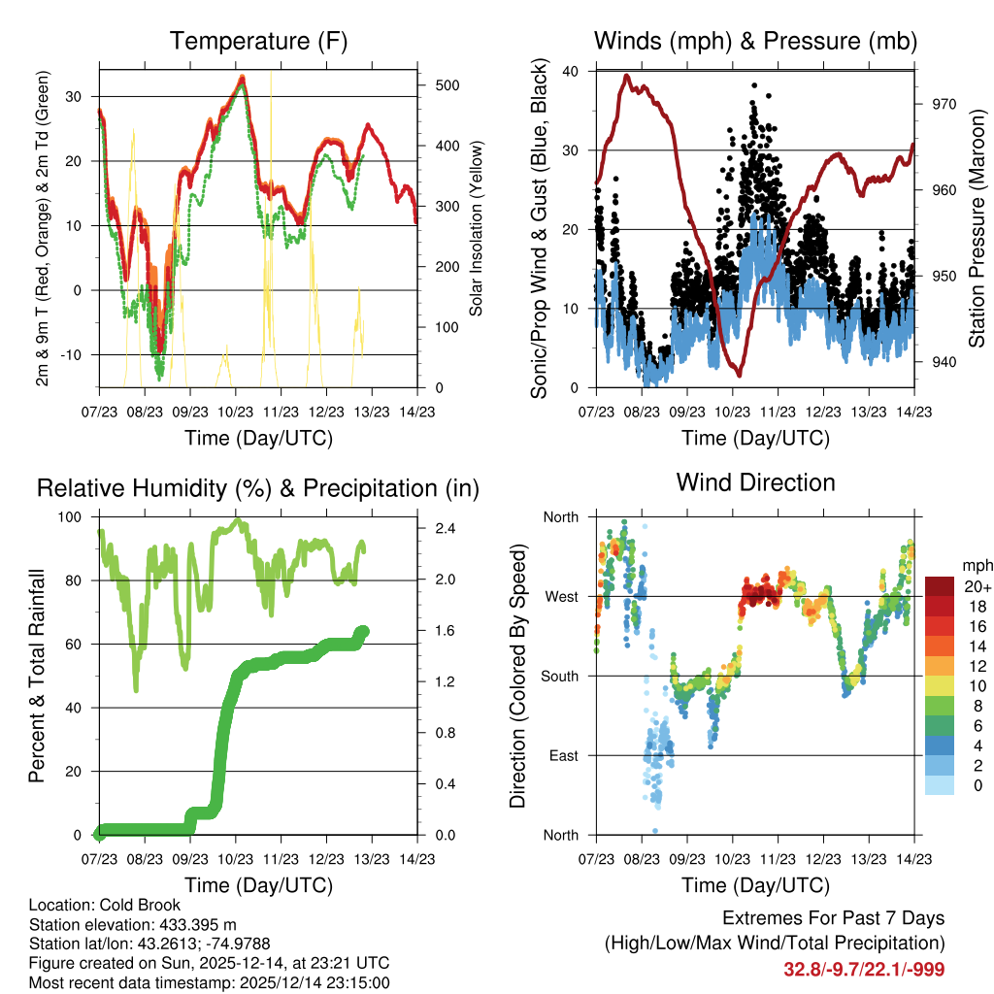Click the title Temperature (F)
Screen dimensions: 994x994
click(x=258, y=42)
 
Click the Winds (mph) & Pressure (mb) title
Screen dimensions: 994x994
click(x=755, y=42)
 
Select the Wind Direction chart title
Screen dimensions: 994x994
click(x=755, y=482)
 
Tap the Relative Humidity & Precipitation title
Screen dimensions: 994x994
click(x=258, y=488)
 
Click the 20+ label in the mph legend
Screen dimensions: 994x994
click(x=976, y=586)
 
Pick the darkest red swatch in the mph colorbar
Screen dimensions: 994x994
click(x=942, y=586)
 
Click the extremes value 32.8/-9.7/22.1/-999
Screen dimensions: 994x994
click(x=864, y=969)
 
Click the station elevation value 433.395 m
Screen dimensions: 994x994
click(x=192, y=924)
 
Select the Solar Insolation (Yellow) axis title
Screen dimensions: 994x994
click(x=477, y=228)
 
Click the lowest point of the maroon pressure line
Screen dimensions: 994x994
click(x=740, y=375)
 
